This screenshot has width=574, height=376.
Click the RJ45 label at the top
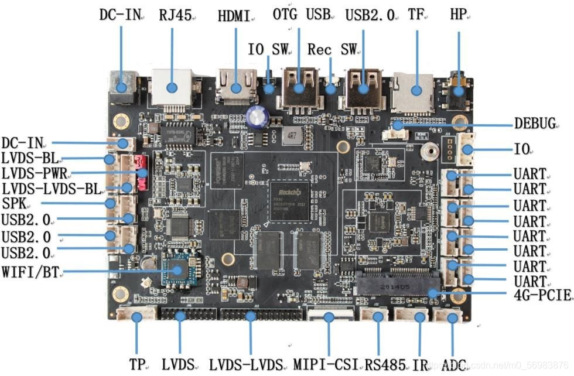click(175, 15)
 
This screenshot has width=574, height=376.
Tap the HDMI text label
click(234, 16)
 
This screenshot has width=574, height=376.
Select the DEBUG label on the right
click(534, 124)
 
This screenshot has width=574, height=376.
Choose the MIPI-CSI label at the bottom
click(329, 364)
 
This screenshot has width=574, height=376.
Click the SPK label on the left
click(13, 203)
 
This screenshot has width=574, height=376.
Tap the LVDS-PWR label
click(35, 173)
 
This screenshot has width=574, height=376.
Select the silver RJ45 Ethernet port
click(172, 86)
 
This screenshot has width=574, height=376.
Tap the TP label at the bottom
click(136, 364)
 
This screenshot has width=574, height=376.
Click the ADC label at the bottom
click(454, 364)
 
